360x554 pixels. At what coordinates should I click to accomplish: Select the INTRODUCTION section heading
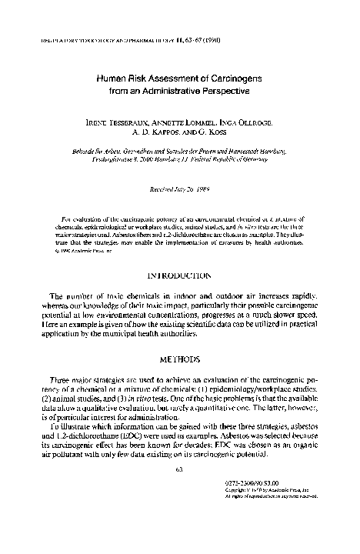pos(178,273)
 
